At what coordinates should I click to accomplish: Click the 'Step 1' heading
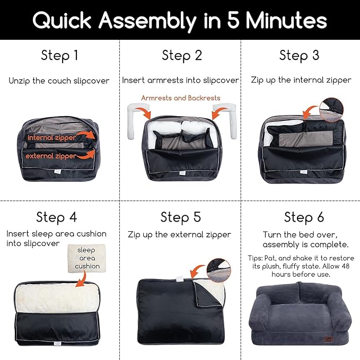[59, 56]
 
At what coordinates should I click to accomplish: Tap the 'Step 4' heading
[57, 217]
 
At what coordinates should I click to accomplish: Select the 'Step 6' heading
[304, 217]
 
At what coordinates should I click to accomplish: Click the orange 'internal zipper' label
[51, 137]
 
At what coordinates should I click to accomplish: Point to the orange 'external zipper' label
[51, 156]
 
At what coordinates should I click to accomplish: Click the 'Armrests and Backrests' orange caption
[181, 98]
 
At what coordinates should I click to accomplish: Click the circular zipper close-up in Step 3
[331, 110]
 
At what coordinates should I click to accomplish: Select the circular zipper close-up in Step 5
[218, 270]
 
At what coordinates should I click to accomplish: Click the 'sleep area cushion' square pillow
[87, 258]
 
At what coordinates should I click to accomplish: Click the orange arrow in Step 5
[197, 270]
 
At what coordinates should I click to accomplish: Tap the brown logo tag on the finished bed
[328, 339]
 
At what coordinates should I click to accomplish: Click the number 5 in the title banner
[234, 20]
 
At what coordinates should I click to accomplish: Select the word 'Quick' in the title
[62, 20]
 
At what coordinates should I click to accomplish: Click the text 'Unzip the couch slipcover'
[59, 81]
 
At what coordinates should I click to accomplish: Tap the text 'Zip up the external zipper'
[179, 235]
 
